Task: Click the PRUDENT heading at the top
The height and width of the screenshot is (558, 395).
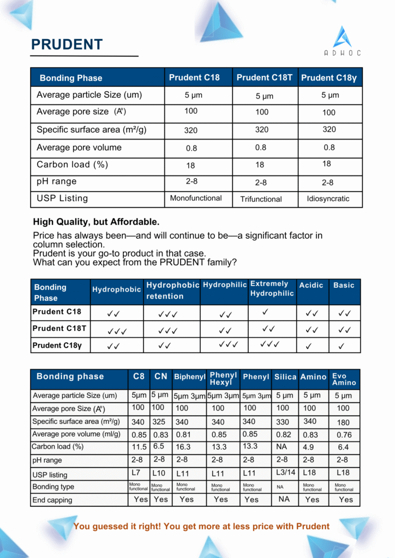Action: [67, 44]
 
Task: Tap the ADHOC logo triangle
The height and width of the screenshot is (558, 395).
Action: [343, 37]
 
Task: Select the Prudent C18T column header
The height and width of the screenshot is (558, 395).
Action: [265, 77]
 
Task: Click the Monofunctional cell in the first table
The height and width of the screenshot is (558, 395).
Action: [196, 198]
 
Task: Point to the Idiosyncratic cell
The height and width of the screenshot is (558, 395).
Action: [328, 199]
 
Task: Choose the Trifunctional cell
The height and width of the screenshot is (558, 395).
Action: [261, 199]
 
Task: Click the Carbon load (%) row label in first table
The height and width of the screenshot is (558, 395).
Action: [72, 165]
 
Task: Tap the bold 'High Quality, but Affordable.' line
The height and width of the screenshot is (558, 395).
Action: [96, 222]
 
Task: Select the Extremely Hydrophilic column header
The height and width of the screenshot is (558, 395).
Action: [272, 289]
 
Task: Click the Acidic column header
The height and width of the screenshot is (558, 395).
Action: [311, 285]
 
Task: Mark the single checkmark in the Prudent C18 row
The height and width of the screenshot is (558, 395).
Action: [265, 312]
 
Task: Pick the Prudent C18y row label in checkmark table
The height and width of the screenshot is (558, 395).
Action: [57, 345]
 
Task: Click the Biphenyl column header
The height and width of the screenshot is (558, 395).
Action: [189, 377]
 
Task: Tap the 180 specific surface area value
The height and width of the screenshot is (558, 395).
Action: [343, 422]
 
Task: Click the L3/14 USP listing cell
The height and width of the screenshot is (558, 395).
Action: [284, 472]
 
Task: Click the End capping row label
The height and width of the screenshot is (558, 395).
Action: [52, 500]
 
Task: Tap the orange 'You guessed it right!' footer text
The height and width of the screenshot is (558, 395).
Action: [201, 526]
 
